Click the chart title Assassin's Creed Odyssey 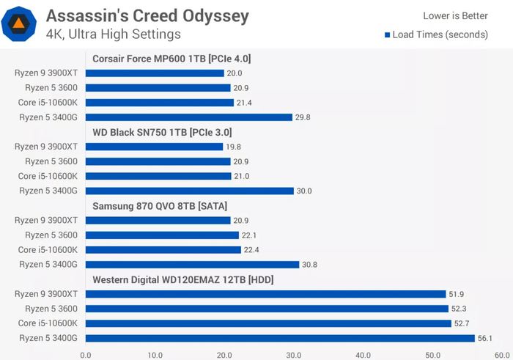click(x=147, y=15)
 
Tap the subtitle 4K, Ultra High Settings click(x=113, y=34)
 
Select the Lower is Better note click(x=455, y=15)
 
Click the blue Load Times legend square click(x=387, y=34)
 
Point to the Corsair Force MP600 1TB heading click(x=172, y=59)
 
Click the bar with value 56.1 click(x=280, y=338)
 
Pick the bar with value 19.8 click(x=154, y=147)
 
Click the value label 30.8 click(x=313, y=265)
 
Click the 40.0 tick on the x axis click(x=363, y=354)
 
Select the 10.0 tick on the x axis click(x=155, y=354)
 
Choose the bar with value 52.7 click(x=268, y=323)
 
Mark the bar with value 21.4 click(x=159, y=103)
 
